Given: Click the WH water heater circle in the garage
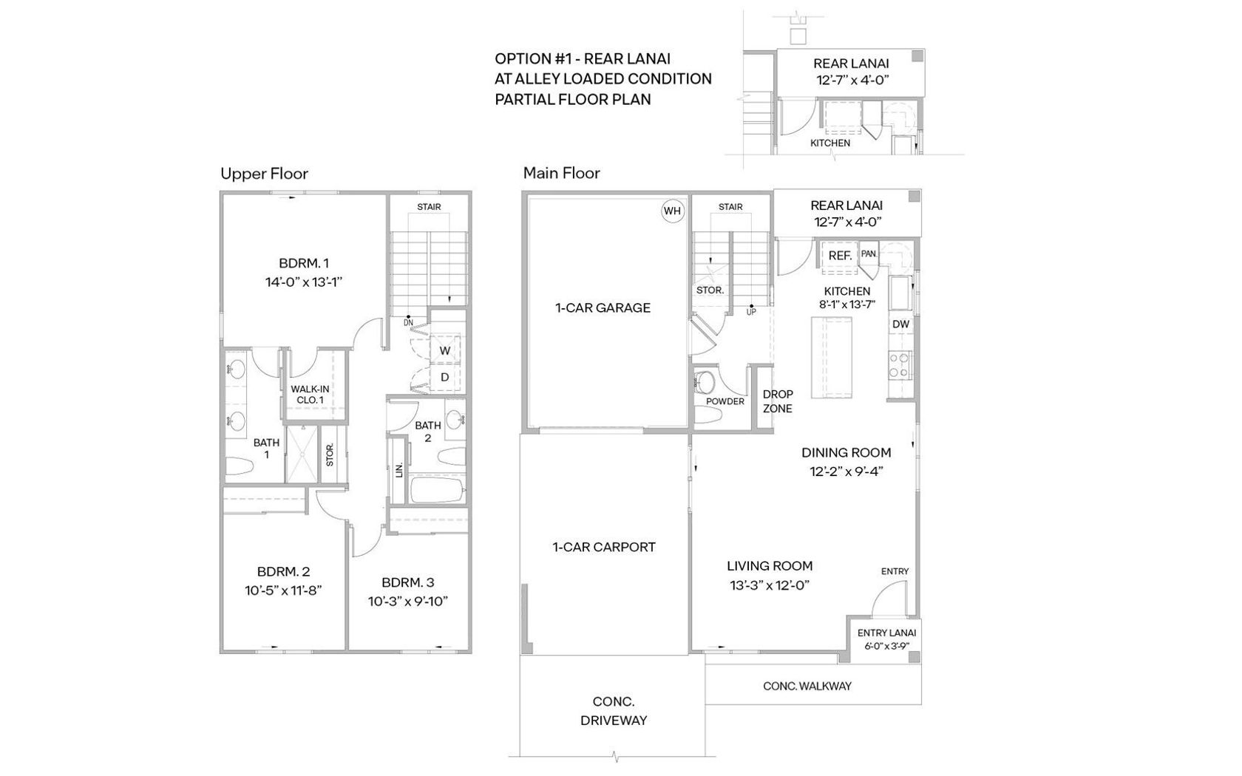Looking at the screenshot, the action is coord(673,211).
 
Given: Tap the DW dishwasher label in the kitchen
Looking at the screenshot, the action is coord(901,324).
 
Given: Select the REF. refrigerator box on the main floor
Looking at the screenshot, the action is coord(840,256).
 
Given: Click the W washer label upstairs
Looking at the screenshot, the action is coord(445,351).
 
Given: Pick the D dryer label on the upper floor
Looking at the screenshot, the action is coord(445,378).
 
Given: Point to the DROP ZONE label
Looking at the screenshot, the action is coord(778,401).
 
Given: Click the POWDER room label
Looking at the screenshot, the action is coord(725,401).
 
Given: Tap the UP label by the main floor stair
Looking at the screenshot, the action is coord(751,312).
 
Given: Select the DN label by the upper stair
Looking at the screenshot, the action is coord(409,322).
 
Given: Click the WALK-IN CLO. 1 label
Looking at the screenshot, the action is coord(310,395).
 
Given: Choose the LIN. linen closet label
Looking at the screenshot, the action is coord(399,470).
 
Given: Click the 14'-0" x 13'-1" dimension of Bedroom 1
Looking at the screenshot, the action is coord(304,282).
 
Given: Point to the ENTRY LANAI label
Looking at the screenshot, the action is coord(886,633).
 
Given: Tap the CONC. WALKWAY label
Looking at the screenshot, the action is coord(807,686).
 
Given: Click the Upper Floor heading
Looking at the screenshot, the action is coord(264,174).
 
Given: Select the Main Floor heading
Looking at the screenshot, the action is coord(562,174).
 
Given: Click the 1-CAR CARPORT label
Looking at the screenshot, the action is coord(605,548).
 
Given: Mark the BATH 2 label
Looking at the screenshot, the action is coord(428,432).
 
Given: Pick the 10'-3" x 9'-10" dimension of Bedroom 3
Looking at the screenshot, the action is coord(408,602).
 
